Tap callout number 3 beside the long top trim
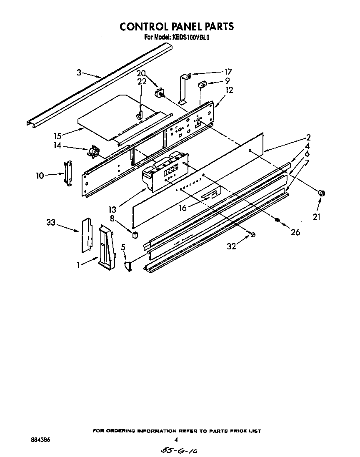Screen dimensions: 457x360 (x=79, y=72)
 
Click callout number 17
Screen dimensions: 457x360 (x=228, y=71)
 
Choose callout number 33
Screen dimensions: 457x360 (x=51, y=223)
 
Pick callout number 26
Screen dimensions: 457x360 (x=295, y=232)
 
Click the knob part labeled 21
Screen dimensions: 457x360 (x=322, y=193)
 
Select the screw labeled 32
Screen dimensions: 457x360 (x=252, y=235)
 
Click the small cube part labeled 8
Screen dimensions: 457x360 (x=134, y=234)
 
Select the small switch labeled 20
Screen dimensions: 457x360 (x=159, y=93)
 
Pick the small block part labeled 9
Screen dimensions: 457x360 (x=202, y=85)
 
